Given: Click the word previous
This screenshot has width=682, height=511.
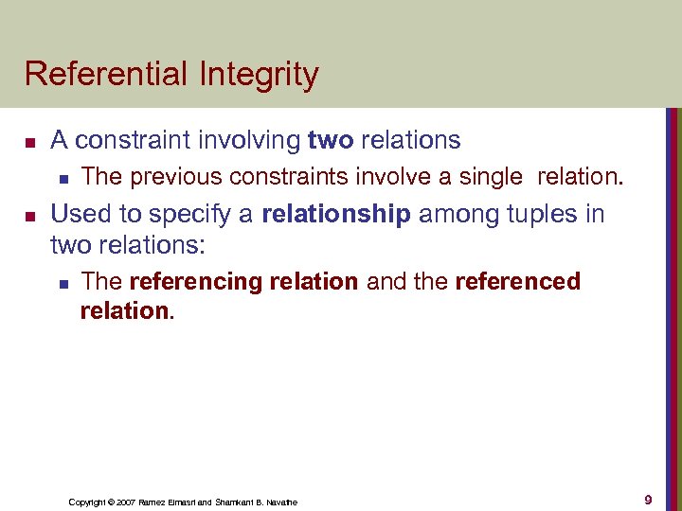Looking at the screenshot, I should pos(170,176).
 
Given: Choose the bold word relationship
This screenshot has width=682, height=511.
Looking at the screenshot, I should pos(336,214).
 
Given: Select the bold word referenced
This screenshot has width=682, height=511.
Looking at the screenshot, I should pos(517,281).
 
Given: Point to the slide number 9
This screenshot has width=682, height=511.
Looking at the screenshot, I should pos(648,500).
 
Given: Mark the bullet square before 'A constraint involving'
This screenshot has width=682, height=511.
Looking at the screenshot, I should pos(29,142).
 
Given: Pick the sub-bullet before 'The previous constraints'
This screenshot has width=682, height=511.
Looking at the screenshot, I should pos(63,177).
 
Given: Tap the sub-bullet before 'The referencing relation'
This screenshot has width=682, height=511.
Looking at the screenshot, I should pos(63,283).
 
